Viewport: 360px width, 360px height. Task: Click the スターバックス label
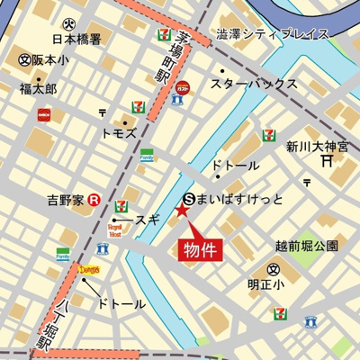click(x=254, y=84)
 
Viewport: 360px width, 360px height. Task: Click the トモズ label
click(x=118, y=132)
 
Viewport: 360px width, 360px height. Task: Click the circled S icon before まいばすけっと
click(x=189, y=197)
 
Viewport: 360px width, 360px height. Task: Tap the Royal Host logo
click(x=115, y=231)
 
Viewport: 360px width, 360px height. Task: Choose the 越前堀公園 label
click(x=307, y=245)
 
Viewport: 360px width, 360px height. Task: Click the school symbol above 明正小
click(x=273, y=268)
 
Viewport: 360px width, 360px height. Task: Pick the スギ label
click(x=148, y=219)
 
